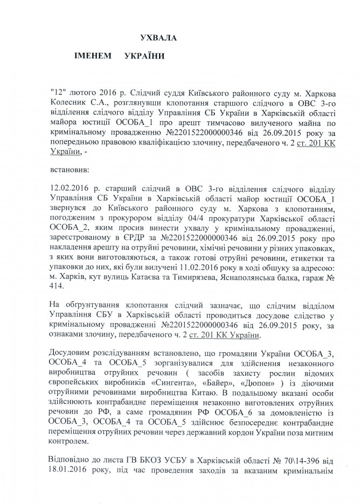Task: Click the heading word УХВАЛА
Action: pyautogui.click(x=158, y=37)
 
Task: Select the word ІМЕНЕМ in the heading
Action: pyautogui.click(x=95, y=56)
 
